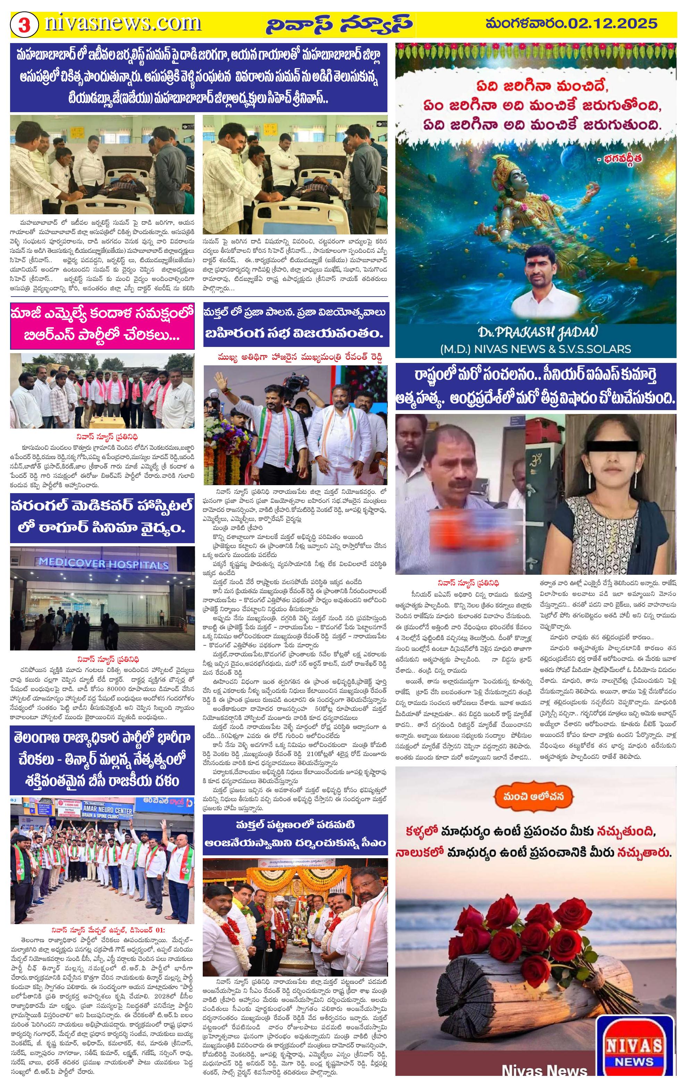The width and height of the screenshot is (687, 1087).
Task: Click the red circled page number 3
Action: pos(24,25)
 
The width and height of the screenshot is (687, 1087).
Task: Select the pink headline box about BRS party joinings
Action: pos(102,324)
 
